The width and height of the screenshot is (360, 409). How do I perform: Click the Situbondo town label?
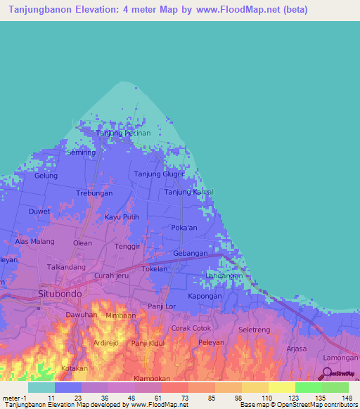point(59,293)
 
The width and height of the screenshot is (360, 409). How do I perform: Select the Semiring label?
point(81,152)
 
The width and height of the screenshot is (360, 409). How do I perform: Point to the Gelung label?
point(46,176)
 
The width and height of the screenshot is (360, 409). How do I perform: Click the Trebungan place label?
point(94,193)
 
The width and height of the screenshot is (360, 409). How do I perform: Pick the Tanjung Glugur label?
point(159,174)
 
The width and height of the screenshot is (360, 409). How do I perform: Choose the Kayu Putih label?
point(122,218)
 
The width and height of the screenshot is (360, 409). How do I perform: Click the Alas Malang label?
point(35,241)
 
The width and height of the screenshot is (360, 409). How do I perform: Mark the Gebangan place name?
point(190,253)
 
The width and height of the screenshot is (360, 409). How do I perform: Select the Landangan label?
point(224,276)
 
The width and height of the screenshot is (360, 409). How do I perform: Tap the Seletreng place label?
point(255,330)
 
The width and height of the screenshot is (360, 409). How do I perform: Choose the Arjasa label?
point(297,349)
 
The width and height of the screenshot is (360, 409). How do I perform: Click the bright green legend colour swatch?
point(308,387)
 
